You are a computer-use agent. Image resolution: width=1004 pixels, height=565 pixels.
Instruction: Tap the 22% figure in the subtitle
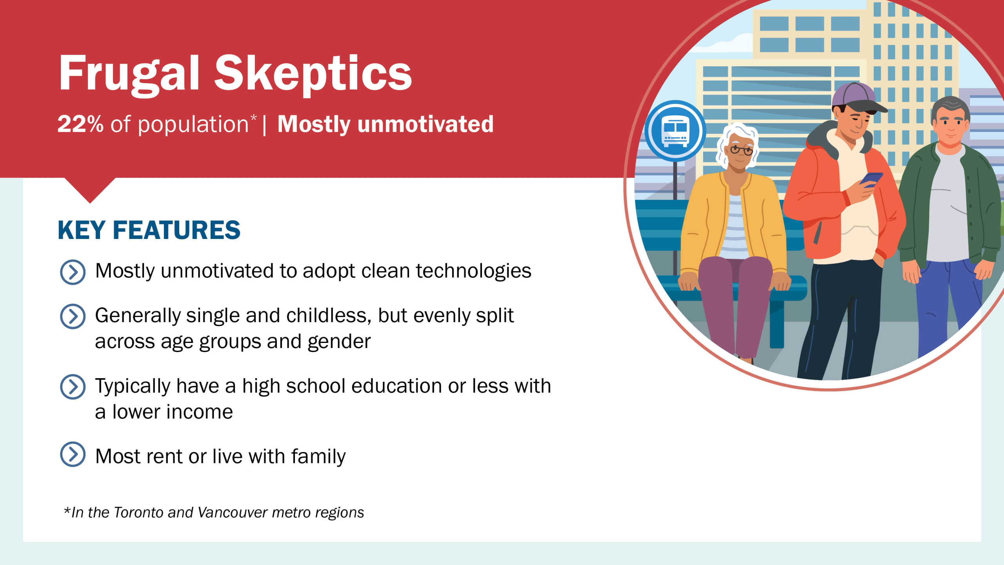point(80,124)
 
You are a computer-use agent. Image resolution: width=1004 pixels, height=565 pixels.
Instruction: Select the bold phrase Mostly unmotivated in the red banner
point(386,124)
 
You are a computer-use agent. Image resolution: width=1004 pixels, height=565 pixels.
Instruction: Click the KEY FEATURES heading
point(149,230)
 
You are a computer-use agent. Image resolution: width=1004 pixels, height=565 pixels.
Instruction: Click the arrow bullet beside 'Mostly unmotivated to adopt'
point(73,272)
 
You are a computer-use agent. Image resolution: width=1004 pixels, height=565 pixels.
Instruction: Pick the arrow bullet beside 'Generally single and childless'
point(73,316)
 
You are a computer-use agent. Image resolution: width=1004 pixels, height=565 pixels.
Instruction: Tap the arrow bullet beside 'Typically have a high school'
point(73,387)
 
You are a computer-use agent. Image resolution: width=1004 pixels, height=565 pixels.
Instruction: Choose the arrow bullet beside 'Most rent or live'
point(73,454)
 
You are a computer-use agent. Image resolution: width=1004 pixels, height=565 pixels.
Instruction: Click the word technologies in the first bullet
point(473,272)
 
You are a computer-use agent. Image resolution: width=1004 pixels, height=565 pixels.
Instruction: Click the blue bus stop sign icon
point(675,131)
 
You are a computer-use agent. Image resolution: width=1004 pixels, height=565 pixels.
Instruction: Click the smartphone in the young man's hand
point(871,180)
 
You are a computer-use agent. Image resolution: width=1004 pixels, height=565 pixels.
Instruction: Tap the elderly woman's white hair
point(737,135)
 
